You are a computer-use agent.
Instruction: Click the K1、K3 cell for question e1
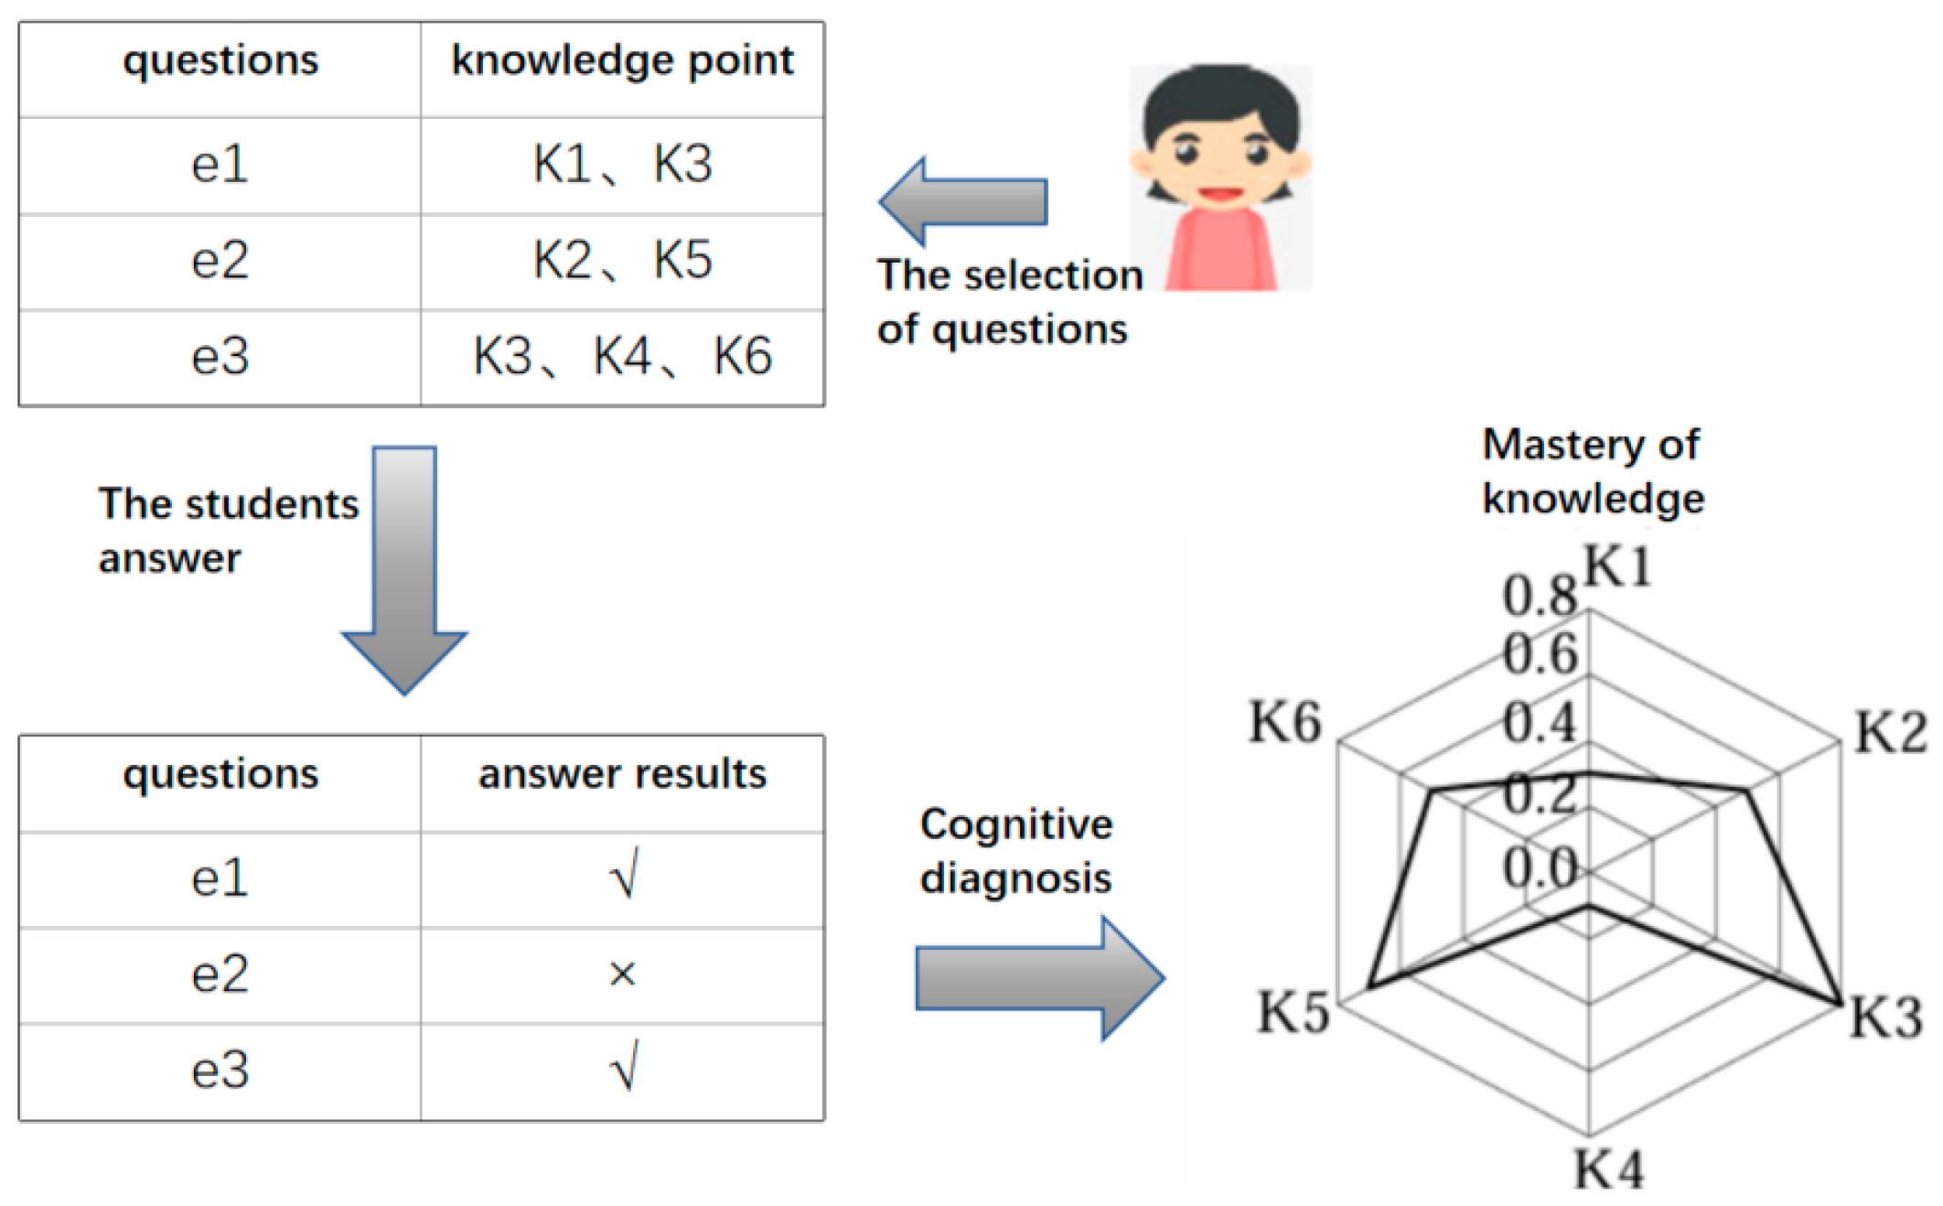pyautogui.click(x=622, y=166)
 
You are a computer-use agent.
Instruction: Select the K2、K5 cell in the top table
pyautogui.click(x=622, y=261)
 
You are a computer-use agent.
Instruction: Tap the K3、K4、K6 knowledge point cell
pyautogui.click(x=622, y=357)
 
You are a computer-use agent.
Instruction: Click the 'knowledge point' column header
pyautogui.click(x=622, y=61)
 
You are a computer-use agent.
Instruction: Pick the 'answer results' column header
pyautogui.click(x=622, y=775)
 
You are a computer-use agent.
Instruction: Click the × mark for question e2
pyautogui.click(x=622, y=974)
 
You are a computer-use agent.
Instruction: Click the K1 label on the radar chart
pyautogui.click(x=1617, y=566)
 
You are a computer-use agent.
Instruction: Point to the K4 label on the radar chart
pyautogui.click(x=1608, y=1168)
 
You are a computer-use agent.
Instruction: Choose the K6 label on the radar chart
pyautogui.click(x=1285, y=722)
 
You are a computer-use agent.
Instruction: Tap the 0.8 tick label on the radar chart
pyautogui.click(x=1540, y=597)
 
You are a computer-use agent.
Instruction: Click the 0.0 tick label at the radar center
pyautogui.click(x=1540, y=867)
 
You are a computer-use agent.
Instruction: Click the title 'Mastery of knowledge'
pyautogui.click(x=1592, y=472)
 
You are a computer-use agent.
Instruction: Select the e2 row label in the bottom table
pyautogui.click(x=220, y=974)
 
